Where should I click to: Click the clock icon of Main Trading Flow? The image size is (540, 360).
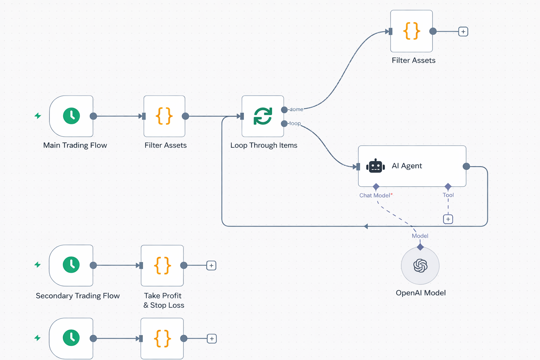click(x=71, y=116)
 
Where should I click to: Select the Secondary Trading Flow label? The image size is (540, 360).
click(x=78, y=296)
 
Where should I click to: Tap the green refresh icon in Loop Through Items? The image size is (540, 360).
click(x=263, y=116)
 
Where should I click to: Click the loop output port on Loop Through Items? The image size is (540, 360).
click(x=284, y=123)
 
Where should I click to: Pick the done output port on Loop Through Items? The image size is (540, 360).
click(x=284, y=110)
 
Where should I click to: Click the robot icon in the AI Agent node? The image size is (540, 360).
click(x=375, y=166)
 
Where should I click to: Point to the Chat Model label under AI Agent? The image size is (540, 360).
click(x=375, y=195)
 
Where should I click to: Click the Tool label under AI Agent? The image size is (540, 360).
click(x=448, y=195)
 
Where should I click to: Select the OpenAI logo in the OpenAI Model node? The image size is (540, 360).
click(x=420, y=265)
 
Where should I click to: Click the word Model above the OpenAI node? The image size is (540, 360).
click(x=420, y=236)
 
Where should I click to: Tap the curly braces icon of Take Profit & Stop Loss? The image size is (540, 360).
click(x=162, y=265)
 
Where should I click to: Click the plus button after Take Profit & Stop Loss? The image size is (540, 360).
click(x=211, y=265)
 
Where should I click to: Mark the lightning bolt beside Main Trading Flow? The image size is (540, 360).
click(x=38, y=116)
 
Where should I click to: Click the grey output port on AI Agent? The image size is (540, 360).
click(x=466, y=166)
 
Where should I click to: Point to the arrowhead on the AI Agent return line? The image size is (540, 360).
click(x=366, y=226)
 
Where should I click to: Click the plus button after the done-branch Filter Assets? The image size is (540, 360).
click(x=463, y=32)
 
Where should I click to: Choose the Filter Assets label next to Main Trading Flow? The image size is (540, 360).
click(x=166, y=145)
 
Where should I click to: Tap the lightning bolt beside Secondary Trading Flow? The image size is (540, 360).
click(x=38, y=265)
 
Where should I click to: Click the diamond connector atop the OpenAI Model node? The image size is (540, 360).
click(x=420, y=247)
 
